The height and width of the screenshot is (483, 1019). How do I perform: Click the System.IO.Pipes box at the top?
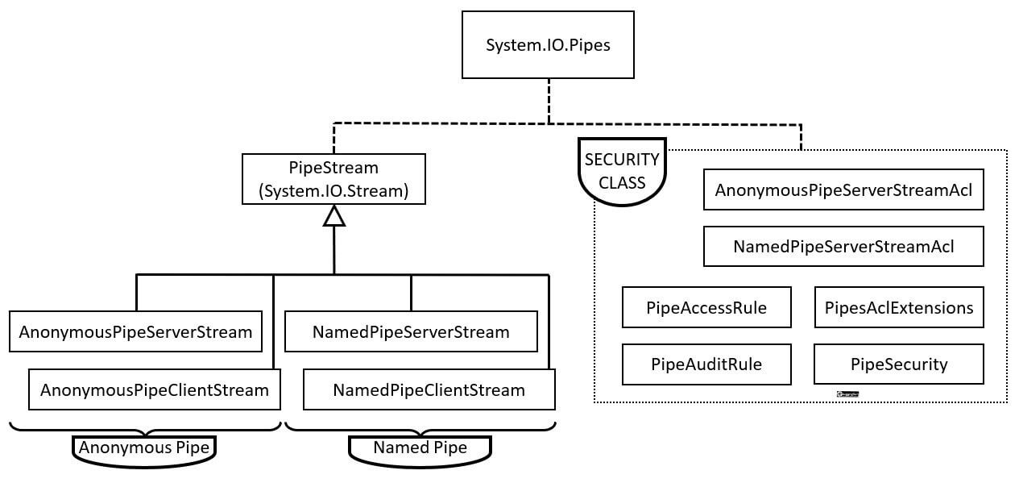point(548,45)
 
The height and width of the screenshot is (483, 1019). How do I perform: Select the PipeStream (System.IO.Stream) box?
point(333,179)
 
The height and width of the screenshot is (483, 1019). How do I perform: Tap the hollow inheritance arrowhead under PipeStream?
point(333,215)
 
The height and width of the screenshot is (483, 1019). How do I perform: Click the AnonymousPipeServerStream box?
point(135,331)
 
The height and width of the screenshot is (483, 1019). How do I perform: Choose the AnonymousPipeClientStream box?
point(155,390)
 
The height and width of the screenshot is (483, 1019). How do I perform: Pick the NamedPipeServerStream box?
point(411,331)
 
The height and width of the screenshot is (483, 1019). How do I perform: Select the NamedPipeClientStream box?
point(429,390)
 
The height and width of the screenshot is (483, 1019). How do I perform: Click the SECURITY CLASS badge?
point(622,171)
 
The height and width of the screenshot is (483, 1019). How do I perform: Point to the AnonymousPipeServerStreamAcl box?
point(843,190)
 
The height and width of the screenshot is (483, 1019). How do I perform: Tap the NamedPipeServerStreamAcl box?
point(843,246)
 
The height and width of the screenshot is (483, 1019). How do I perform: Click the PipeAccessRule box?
point(706,307)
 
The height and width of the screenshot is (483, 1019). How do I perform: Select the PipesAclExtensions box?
point(899,307)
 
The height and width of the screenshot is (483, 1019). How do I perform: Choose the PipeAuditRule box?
point(706,364)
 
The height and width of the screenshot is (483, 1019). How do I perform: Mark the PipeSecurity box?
point(899,364)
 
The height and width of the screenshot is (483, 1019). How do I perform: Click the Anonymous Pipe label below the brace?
point(145,448)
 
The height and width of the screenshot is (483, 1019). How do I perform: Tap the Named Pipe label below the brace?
point(420,448)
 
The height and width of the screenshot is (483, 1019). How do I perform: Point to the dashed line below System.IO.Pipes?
point(549,101)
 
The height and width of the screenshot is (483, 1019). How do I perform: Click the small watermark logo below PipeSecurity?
point(847,394)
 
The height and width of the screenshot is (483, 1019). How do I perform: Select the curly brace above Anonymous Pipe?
point(145,427)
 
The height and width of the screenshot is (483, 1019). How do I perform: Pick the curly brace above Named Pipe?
point(420,427)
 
